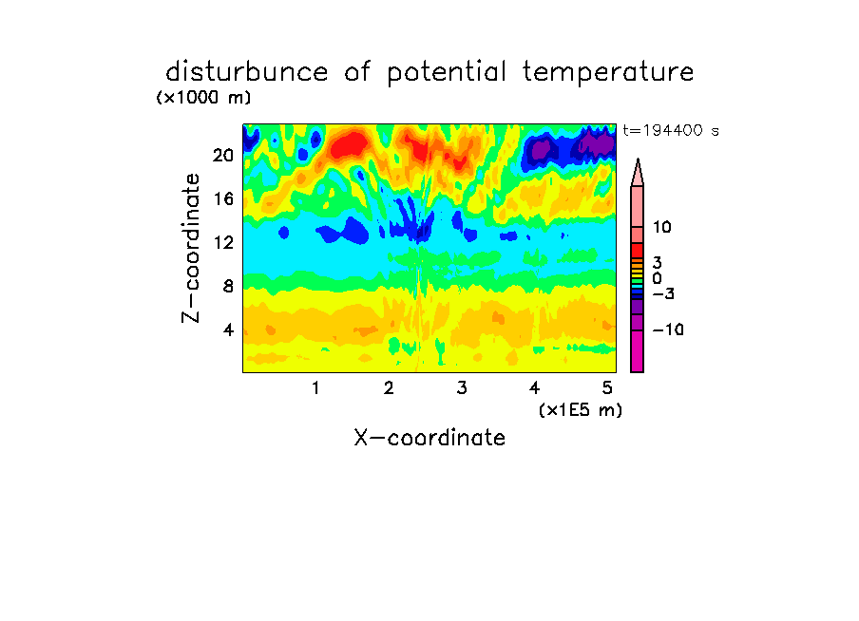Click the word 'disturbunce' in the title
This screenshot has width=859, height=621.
click(x=247, y=72)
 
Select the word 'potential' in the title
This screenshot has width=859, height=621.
click(x=447, y=73)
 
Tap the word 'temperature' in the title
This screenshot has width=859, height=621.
click(x=608, y=73)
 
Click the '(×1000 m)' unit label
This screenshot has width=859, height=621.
click(x=203, y=98)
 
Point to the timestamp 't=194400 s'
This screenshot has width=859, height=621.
click(x=671, y=130)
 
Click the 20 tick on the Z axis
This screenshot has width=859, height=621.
click(x=223, y=156)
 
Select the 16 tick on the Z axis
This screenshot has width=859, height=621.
click(x=223, y=198)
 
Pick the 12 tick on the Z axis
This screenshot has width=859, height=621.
click(x=223, y=242)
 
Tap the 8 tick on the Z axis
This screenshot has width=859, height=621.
click(x=228, y=286)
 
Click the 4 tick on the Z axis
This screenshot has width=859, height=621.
click(x=228, y=329)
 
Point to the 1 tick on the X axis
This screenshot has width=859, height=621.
click(x=315, y=388)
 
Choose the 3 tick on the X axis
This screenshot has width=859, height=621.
click(x=462, y=388)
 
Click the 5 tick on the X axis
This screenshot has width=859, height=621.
click(x=607, y=388)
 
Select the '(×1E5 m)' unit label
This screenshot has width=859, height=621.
click(x=581, y=410)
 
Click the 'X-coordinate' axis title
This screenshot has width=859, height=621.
click(x=429, y=438)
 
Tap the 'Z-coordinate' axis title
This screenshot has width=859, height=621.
click(x=191, y=248)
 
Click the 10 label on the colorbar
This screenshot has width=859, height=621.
click(x=661, y=227)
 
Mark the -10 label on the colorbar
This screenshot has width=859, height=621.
click(x=668, y=329)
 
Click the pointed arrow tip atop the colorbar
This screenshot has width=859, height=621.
click(x=638, y=160)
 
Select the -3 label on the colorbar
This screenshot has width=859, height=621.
click(x=663, y=294)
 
